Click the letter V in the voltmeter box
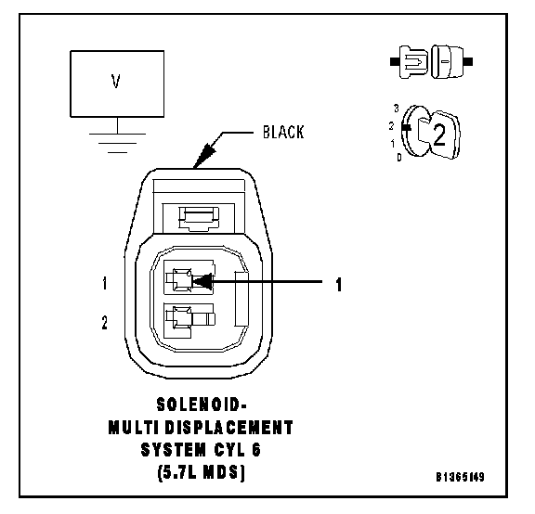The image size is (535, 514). (x=116, y=81)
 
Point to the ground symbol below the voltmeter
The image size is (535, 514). (x=117, y=143)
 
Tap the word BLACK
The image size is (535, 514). (x=283, y=133)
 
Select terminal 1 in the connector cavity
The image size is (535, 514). (x=181, y=281)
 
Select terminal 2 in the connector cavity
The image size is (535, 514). (x=190, y=319)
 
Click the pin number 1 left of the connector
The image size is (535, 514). (x=105, y=283)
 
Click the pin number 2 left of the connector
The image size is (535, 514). (x=105, y=323)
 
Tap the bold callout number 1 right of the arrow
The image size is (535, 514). (x=338, y=285)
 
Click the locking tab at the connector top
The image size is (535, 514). (x=200, y=218)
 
